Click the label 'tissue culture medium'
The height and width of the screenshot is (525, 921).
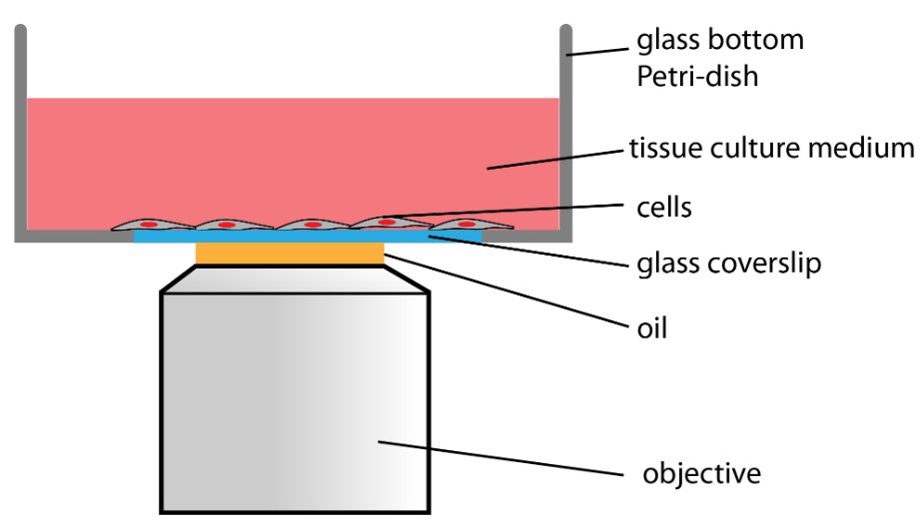coord(770,150)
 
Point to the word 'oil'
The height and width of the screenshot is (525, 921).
coord(651,326)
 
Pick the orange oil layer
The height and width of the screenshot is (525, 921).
coord(290,255)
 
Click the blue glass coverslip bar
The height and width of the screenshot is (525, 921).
coord(160,238)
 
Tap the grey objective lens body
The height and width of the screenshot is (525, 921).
coord(296,399)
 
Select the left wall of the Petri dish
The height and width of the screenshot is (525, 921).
coord(20,130)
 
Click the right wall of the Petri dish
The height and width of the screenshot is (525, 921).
coord(565,130)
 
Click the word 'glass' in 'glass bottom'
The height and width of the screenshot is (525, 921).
coord(662,43)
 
